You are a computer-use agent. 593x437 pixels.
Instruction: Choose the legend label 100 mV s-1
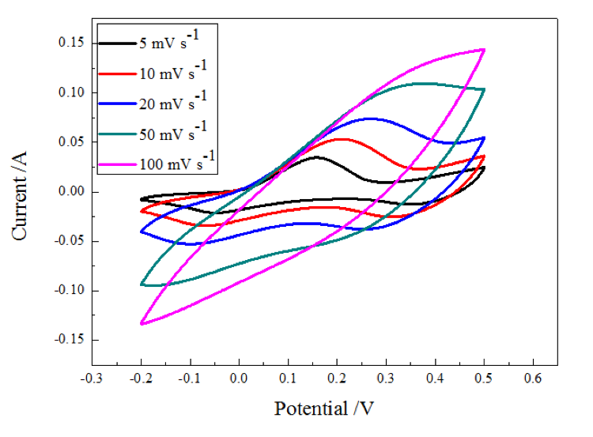[179, 163]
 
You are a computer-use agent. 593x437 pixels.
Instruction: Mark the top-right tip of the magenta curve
[483, 50]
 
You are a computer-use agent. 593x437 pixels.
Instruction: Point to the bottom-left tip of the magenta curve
[142, 323]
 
